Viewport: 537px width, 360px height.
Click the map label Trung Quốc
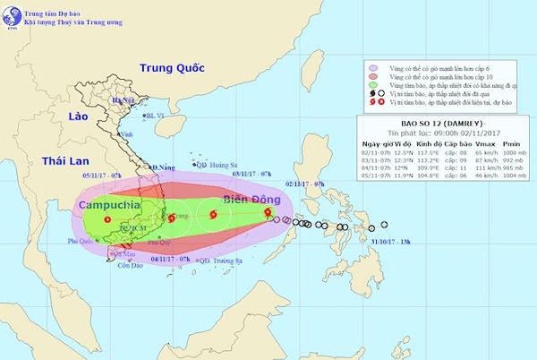[172, 68]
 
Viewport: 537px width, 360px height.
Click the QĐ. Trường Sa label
[220, 261]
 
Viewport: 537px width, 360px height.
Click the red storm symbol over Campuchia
[107, 219]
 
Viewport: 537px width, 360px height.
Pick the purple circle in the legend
[371, 67]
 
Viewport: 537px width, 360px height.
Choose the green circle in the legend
[371, 87]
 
